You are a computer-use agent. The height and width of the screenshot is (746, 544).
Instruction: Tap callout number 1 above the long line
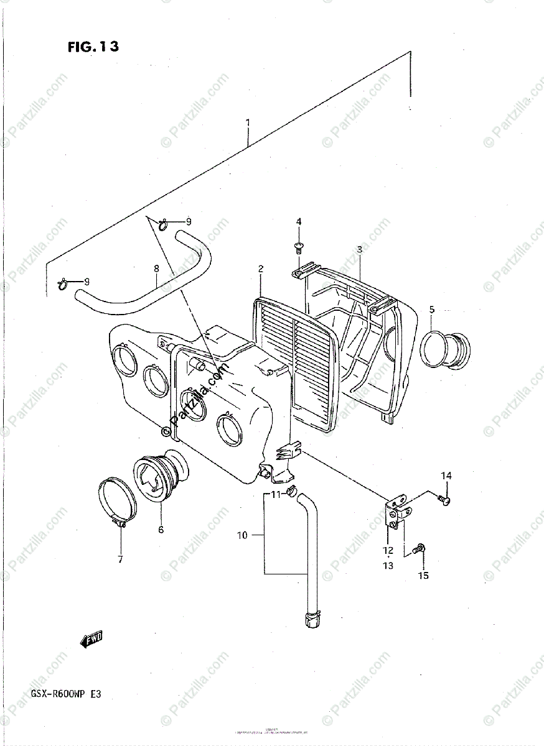coord(248,122)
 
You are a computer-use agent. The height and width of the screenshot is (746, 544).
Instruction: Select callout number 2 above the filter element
coord(261,269)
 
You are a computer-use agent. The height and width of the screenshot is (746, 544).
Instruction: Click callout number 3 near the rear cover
coord(360,249)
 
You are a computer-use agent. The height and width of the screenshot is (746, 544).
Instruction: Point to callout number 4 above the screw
coord(298,222)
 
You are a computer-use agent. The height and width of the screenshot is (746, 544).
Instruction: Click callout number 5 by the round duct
coord(431,308)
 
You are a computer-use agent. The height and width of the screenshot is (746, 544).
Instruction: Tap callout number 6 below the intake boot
coord(161,530)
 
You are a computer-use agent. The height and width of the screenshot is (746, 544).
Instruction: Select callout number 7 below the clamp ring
coord(120,559)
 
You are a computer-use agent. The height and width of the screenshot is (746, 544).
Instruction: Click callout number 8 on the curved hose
coord(156,269)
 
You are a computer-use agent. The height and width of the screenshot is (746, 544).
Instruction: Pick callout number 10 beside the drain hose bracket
coord(242,535)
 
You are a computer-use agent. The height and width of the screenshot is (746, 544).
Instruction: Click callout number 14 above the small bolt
coord(446,476)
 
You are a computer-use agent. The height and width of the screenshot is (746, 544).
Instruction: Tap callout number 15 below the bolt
coord(423,576)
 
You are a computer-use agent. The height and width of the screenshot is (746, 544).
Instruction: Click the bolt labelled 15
coord(420,548)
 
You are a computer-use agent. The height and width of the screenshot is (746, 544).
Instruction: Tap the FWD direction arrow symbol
coord(91,638)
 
